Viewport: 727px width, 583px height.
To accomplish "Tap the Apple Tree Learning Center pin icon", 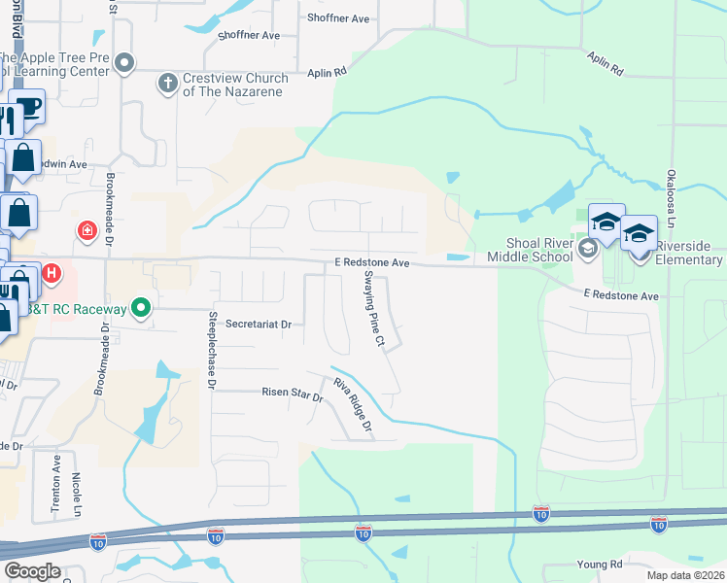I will (123, 64).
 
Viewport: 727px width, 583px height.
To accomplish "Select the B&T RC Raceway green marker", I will (142, 309).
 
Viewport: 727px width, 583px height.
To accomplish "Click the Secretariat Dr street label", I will (259, 324).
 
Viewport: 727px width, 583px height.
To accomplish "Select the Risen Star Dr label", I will (292, 393).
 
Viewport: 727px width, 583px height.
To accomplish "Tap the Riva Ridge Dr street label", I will (353, 405).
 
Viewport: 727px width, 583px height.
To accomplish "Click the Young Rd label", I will (599, 564).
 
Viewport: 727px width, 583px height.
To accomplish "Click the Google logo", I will (31, 571).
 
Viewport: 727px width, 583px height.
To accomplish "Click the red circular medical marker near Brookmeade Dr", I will (87, 231).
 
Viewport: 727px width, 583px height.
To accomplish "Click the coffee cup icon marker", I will (28, 107).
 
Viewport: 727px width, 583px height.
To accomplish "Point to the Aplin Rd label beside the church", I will (329, 72).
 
